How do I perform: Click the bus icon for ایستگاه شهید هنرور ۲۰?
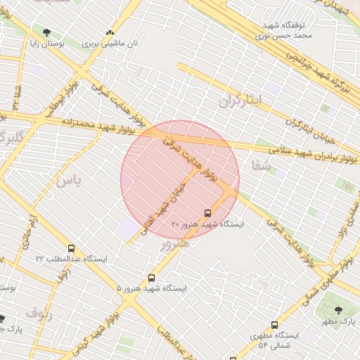(207, 212)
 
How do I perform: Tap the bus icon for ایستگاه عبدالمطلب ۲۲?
(71, 248)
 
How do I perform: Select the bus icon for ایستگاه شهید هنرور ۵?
(152, 278)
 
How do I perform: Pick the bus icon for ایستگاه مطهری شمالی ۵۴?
(274, 325)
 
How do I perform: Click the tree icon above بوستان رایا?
(47, 32)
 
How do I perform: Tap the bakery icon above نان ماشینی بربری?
(109, 32)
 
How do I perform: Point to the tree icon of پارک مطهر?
(339, 310)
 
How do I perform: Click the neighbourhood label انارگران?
(240, 101)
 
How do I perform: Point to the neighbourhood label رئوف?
(39, 311)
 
